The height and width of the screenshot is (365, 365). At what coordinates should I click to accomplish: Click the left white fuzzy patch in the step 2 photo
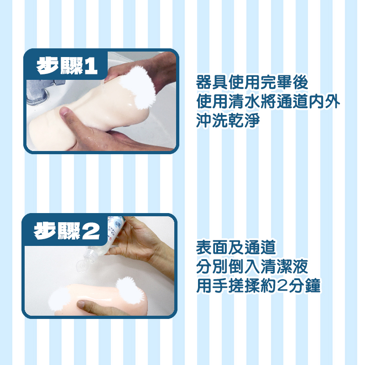[x=60, y=297]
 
